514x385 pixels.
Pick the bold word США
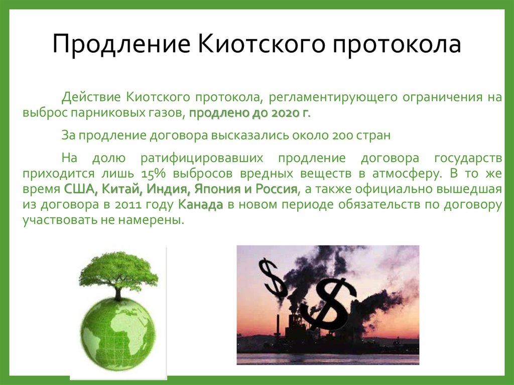(x=78, y=189)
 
